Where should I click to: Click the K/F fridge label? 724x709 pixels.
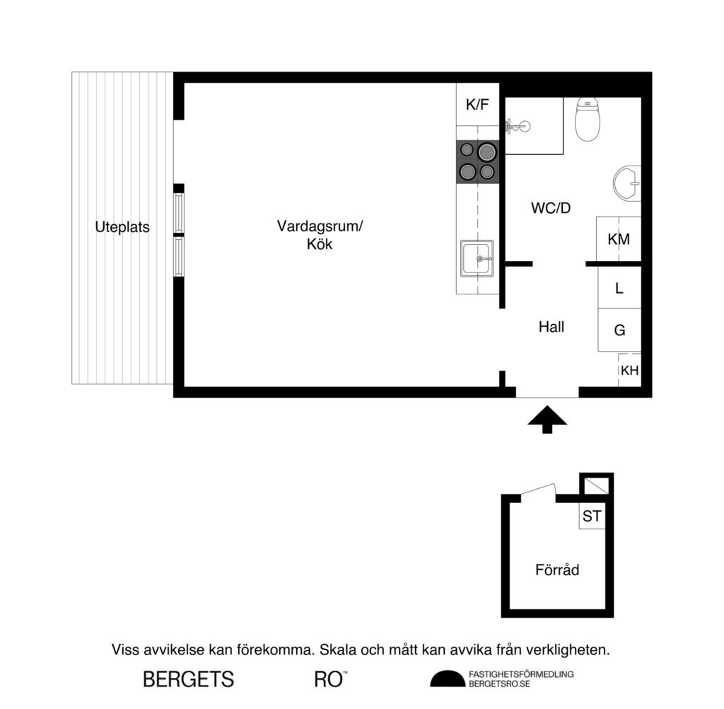click(x=477, y=105)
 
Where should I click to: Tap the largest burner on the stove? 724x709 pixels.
click(x=486, y=151)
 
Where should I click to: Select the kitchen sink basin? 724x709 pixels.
click(x=477, y=259)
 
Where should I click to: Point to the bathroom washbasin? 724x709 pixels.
click(x=627, y=183)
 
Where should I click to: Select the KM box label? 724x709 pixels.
click(x=619, y=239)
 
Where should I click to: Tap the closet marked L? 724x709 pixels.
click(x=619, y=288)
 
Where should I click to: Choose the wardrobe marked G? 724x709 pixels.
click(x=619, y=330)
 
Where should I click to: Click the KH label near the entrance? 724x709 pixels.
click(x=629, y=370)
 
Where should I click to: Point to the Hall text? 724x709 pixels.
click(x=551, y=327)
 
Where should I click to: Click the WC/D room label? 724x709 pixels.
click(x=550, y=209)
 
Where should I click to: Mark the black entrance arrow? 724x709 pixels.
click(x=547, y=420)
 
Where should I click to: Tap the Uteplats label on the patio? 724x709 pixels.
click(x=122, y=228)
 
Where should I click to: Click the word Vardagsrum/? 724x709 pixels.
click(x=319, y=226)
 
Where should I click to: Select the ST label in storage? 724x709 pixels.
click(x=592, y=517)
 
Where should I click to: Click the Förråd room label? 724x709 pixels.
click(x=556, y=569)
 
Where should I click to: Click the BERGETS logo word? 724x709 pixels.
click(x=188, y=679)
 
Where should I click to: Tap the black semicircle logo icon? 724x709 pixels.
click(x=448, y=679)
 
